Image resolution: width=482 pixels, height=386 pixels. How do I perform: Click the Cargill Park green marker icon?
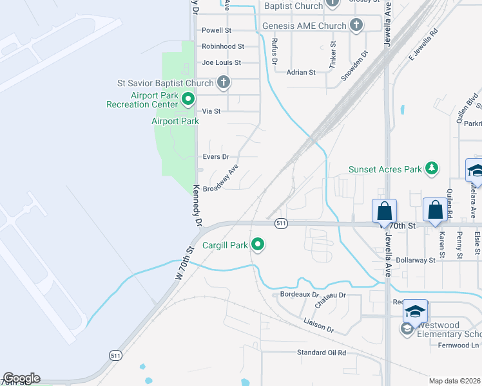click(258, 244)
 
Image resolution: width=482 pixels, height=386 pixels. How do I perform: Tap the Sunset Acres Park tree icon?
click(432, 169)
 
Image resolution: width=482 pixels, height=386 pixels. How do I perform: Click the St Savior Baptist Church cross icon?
click(224, 83)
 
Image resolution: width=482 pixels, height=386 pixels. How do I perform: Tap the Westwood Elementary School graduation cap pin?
click(416, 311)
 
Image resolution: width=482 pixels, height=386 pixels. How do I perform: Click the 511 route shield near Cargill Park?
click(280, 223)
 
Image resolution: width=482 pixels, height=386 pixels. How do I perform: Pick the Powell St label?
click(217, 30)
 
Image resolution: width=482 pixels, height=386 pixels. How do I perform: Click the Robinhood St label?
click(223, 46)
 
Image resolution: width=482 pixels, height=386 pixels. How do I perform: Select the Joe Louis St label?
click(221, 63)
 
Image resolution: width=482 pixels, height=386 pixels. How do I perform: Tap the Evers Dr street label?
click(216, 157)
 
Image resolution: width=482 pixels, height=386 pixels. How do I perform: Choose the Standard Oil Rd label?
click(321, 353)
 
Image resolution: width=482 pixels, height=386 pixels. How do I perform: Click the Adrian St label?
click(301, 73)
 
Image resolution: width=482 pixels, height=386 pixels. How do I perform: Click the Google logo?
click(21, 378)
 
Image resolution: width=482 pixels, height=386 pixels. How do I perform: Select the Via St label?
click(211, 111)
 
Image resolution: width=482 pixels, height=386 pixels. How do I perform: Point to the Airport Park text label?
click(175, 121)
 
